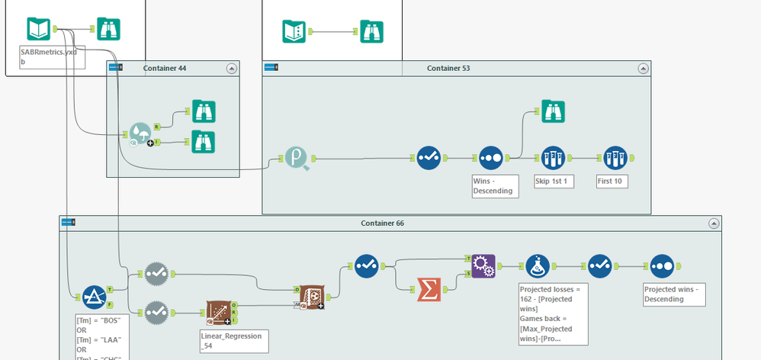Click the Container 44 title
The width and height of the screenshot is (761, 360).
click(165, 69)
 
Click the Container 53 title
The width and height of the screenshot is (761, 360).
click(448, 69)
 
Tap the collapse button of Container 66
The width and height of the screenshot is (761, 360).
click(714, 223)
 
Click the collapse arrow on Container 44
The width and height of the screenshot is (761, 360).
click(232, 69)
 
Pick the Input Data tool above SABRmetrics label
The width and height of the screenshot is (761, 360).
click(39, 30)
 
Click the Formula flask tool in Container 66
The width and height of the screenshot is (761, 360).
click(538, 267)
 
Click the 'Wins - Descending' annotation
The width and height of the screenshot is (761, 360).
click(495, 185)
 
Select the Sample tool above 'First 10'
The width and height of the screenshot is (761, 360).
click(615, 159)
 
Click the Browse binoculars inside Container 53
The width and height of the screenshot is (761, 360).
click(552, 112)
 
